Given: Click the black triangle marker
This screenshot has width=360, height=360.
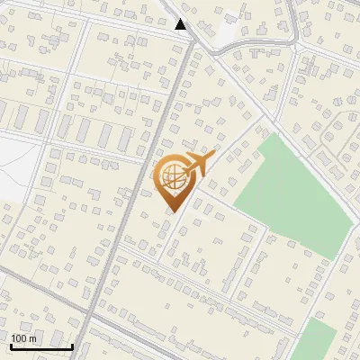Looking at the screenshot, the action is tap(181, 24).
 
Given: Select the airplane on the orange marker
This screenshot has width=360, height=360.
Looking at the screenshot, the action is tap(198, 163).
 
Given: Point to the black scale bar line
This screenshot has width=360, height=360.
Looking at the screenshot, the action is tap(41, 346).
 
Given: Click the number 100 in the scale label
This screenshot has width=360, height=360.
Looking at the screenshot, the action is tap(20, 338).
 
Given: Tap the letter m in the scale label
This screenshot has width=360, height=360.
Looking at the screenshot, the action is tap(33, 338).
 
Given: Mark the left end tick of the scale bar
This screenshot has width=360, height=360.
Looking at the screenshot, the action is tap(11, 345).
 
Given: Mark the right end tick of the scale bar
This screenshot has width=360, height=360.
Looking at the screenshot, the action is tap(72, 345).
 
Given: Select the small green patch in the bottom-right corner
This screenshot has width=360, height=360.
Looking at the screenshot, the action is tap(315, 340).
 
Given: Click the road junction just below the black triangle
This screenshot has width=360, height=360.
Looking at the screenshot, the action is tap(192, 40).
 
